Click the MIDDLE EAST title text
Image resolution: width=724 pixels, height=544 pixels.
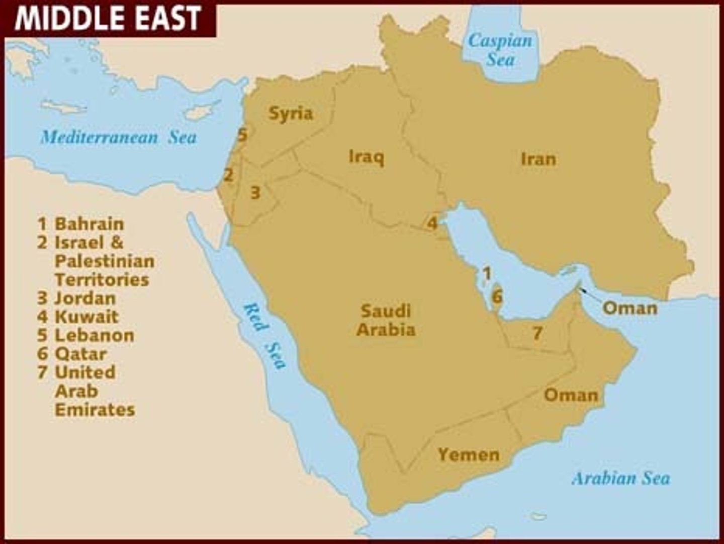coord(108,19)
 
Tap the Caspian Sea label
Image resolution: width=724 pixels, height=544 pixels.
coord(500,50)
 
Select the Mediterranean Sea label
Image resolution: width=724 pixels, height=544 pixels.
coord(119,137)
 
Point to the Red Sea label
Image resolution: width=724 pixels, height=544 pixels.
coord(264,336)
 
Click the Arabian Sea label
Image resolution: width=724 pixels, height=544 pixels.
coord(620,478)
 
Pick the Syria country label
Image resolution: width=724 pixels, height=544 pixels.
coord(291,113)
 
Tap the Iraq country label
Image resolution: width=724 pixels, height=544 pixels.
coord(367,157)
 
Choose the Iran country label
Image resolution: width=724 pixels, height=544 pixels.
coord(538,159)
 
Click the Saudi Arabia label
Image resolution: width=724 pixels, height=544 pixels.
coord(386,320)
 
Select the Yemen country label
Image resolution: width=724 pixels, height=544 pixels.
coord(469,454)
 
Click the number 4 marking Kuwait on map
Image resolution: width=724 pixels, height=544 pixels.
coord(432,222)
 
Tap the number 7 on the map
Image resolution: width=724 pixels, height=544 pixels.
coord(537,333)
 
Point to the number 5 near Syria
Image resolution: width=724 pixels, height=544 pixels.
coord(242,134)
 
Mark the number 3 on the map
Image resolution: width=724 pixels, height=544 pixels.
coord(255,192)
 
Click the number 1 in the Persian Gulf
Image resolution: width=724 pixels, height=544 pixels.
coord(486,273)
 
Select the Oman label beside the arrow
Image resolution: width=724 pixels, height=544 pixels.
coord(629,307)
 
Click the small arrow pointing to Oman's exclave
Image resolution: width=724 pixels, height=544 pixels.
coord(589,294)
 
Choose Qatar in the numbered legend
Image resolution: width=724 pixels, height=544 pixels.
coord(80,354)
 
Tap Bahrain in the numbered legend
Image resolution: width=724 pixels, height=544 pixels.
coord(89,223)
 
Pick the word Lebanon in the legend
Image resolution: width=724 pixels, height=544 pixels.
coord(94,335)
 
